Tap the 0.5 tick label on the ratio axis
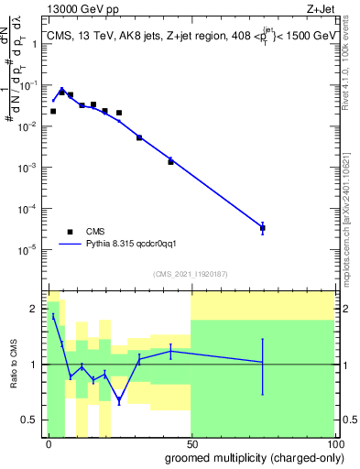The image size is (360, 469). pyautogui.click(x=32, y=420)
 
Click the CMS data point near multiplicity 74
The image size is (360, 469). pyautogui.click(x=262, y=227)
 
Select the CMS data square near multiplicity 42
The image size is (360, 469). pyautogui.click(x=170, y=161)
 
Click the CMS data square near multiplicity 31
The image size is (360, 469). pyautogui.click(x=139, y=137)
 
